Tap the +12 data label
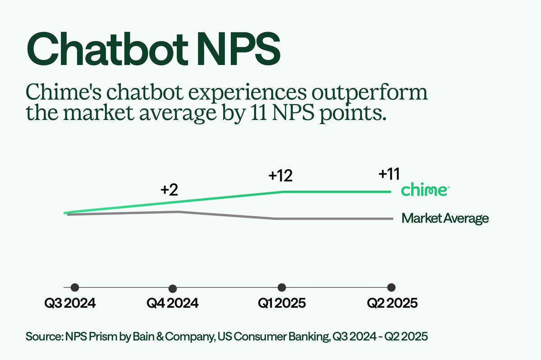(x=281, y=175)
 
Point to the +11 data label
(x=390, y=174)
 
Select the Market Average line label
(x=445, y=219)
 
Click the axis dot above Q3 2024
(x=75, y=287)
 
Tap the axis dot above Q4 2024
(x=172, y=288)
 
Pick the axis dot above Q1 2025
(x=282, y=287)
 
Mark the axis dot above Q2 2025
(x=391, y=287)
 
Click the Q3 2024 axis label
(x=70, y=303)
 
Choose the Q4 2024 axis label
(x=172, y=303)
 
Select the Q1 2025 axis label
(x=282, y=303)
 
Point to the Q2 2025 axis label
(x=391, y=303)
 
